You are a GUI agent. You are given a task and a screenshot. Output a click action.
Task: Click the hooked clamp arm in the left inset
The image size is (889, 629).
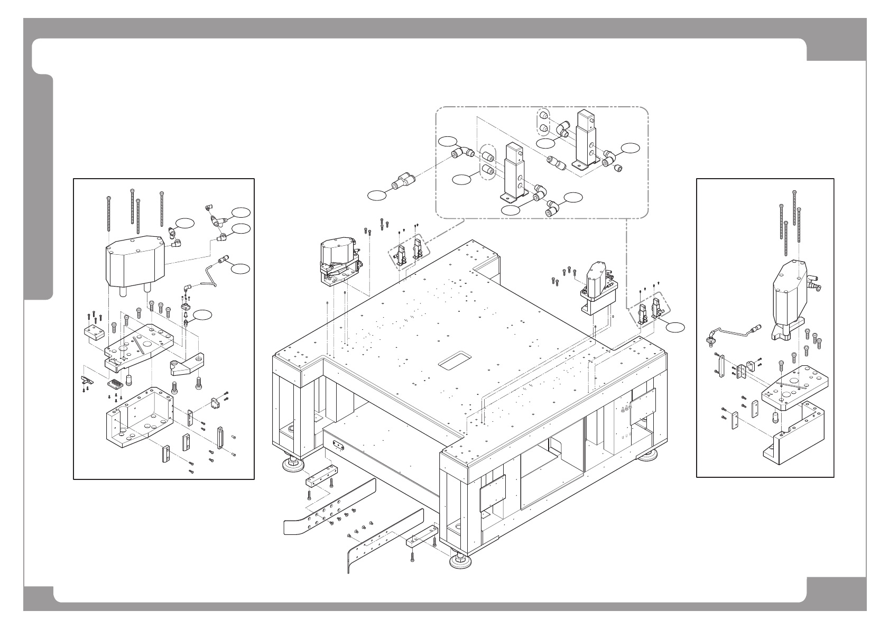186,365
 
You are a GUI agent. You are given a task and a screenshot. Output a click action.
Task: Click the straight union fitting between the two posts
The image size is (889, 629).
555,162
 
